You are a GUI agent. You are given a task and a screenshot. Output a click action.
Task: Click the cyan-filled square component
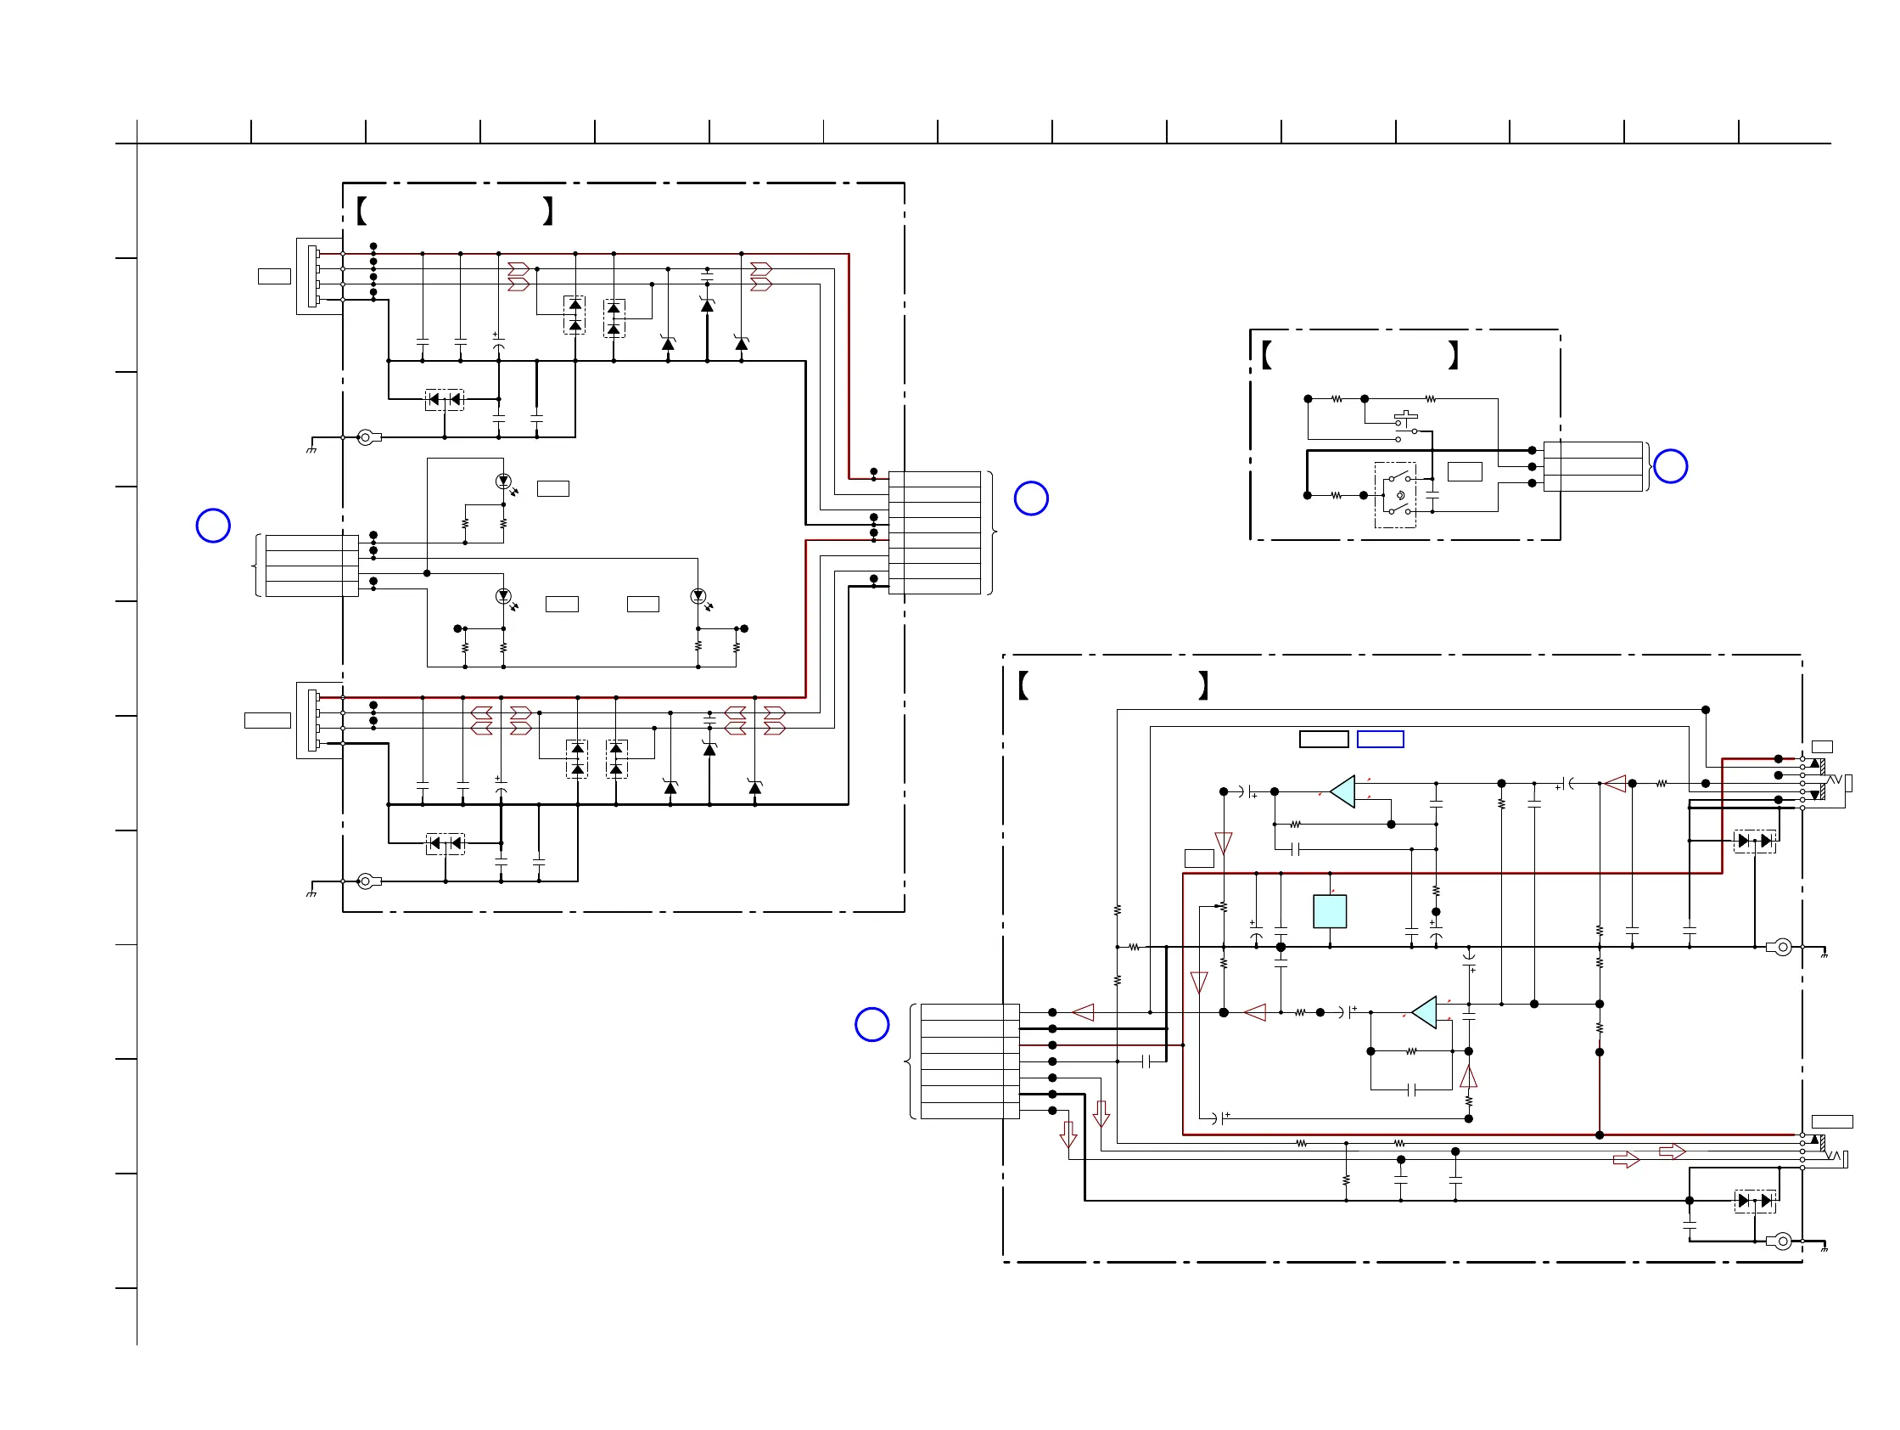click(x=1329, y=911)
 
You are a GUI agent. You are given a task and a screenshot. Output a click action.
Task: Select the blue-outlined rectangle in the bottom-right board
click(x=1380, y=739)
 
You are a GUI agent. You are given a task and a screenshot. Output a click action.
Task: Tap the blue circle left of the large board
click(x=213, y=526)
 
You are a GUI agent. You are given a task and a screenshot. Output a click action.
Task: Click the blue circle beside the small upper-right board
click(x=1670, y=466)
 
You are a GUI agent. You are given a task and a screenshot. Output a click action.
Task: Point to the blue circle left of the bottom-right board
click(x=872, y=1024)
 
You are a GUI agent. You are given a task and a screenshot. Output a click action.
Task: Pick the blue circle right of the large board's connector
click(x=1031, y=498)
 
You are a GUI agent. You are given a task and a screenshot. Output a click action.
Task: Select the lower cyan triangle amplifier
click(x=1425, y=1012)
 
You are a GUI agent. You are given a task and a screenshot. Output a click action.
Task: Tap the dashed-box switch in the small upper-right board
click(x=1395, y=495)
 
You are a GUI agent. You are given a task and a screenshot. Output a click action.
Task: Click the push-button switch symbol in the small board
click(x=1405, y=420)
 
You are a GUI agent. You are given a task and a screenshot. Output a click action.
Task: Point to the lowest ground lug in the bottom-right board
click(x=1782, y=1241)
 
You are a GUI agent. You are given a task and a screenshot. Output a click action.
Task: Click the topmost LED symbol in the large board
click(x=504, y=481)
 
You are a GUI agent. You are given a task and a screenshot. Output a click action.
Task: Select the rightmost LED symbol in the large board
click(x=698, y=595)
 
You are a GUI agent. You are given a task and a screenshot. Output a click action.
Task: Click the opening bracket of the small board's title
click(x=1266, y=354)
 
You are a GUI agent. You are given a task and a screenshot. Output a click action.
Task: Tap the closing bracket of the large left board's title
click(x=548, y=211)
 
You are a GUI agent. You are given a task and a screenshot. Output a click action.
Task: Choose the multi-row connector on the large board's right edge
click(x=934, y=532)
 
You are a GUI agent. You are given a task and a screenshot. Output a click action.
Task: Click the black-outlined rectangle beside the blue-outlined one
click(x=1324, y=739)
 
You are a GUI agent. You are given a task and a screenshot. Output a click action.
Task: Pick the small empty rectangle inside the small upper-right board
click(x=1465, y=471)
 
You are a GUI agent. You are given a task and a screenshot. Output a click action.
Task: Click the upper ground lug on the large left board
click(x=367, y=437)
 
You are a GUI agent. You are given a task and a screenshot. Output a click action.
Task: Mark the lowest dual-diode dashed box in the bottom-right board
click(x=1754, y=1201)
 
